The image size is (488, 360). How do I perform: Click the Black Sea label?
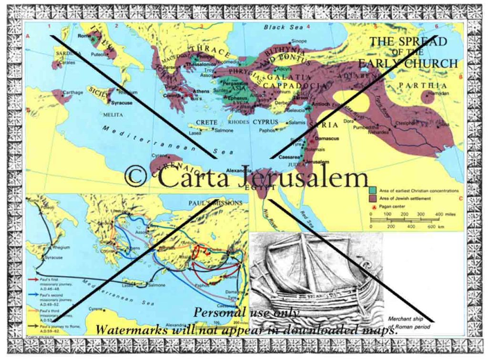click(x=281, y=27)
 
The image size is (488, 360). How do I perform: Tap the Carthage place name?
click(x=72, y=93)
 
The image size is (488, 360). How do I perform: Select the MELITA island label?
click(x=112, y=115)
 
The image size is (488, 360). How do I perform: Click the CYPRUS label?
click(x=265, y=122)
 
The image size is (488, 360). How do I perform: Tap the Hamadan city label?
click(x=438, y=93)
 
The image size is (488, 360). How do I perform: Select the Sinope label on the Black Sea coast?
click(x=299, y=41)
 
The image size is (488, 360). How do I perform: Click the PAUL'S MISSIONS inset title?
click(x=215, y=203)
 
